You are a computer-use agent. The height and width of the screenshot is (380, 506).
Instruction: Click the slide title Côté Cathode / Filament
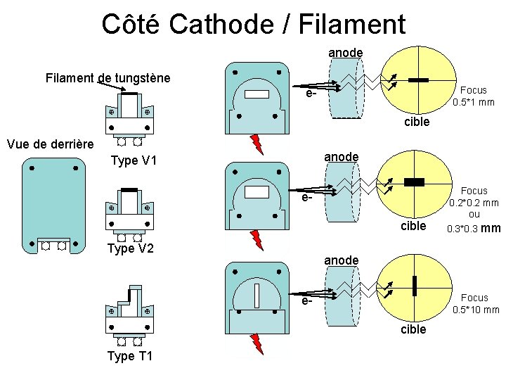coord(253,24)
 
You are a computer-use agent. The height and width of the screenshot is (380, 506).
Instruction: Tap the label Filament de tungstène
coord(107,77)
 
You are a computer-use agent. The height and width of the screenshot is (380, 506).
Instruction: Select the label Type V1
coord(133,160)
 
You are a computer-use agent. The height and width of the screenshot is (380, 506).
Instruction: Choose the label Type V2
coord(130,248)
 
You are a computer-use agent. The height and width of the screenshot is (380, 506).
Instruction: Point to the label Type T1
coord(129,356)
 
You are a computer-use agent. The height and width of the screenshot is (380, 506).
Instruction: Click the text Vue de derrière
coord(49,144)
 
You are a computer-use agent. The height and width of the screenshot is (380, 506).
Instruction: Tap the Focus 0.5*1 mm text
coord(473,96)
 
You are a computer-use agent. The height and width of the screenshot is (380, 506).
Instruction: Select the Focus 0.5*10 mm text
coord(476,304)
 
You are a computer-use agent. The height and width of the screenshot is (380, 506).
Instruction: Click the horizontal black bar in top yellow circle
coord(418,80)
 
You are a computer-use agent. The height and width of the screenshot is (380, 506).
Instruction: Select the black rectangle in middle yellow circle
coord(415,182)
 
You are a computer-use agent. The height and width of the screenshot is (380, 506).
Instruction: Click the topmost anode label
coord(345,53)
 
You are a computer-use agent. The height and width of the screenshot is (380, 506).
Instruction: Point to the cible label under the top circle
coord(416,122)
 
